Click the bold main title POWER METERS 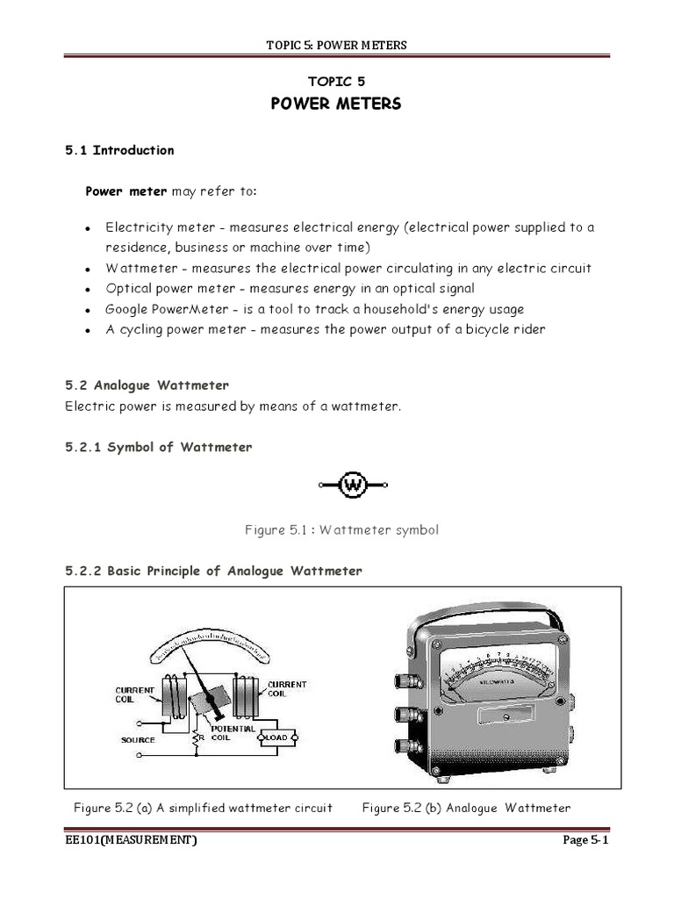point(336,104)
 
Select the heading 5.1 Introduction point(119,150)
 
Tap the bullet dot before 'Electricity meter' point(89,228)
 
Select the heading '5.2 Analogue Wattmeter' point(147,385)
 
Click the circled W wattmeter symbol point(353,485)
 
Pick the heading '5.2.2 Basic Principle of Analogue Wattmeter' point(213,571)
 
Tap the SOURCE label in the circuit point(138,740)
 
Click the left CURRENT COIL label point(136,695)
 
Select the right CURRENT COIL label point(287,688)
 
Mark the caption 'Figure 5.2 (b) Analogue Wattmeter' point(466,808)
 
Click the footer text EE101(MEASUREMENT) point(132,840)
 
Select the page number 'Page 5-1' point(585,840)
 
